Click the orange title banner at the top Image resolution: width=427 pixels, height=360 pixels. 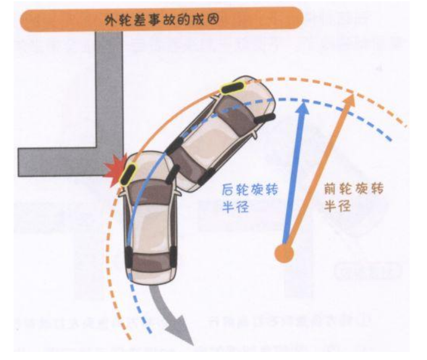pyautogui.click(x=161, y=19)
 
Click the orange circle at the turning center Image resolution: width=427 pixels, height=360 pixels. pyautogui.click(x=284, y=252)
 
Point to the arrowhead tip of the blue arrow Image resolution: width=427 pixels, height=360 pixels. pyautogui.click(x=303, y=104)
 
